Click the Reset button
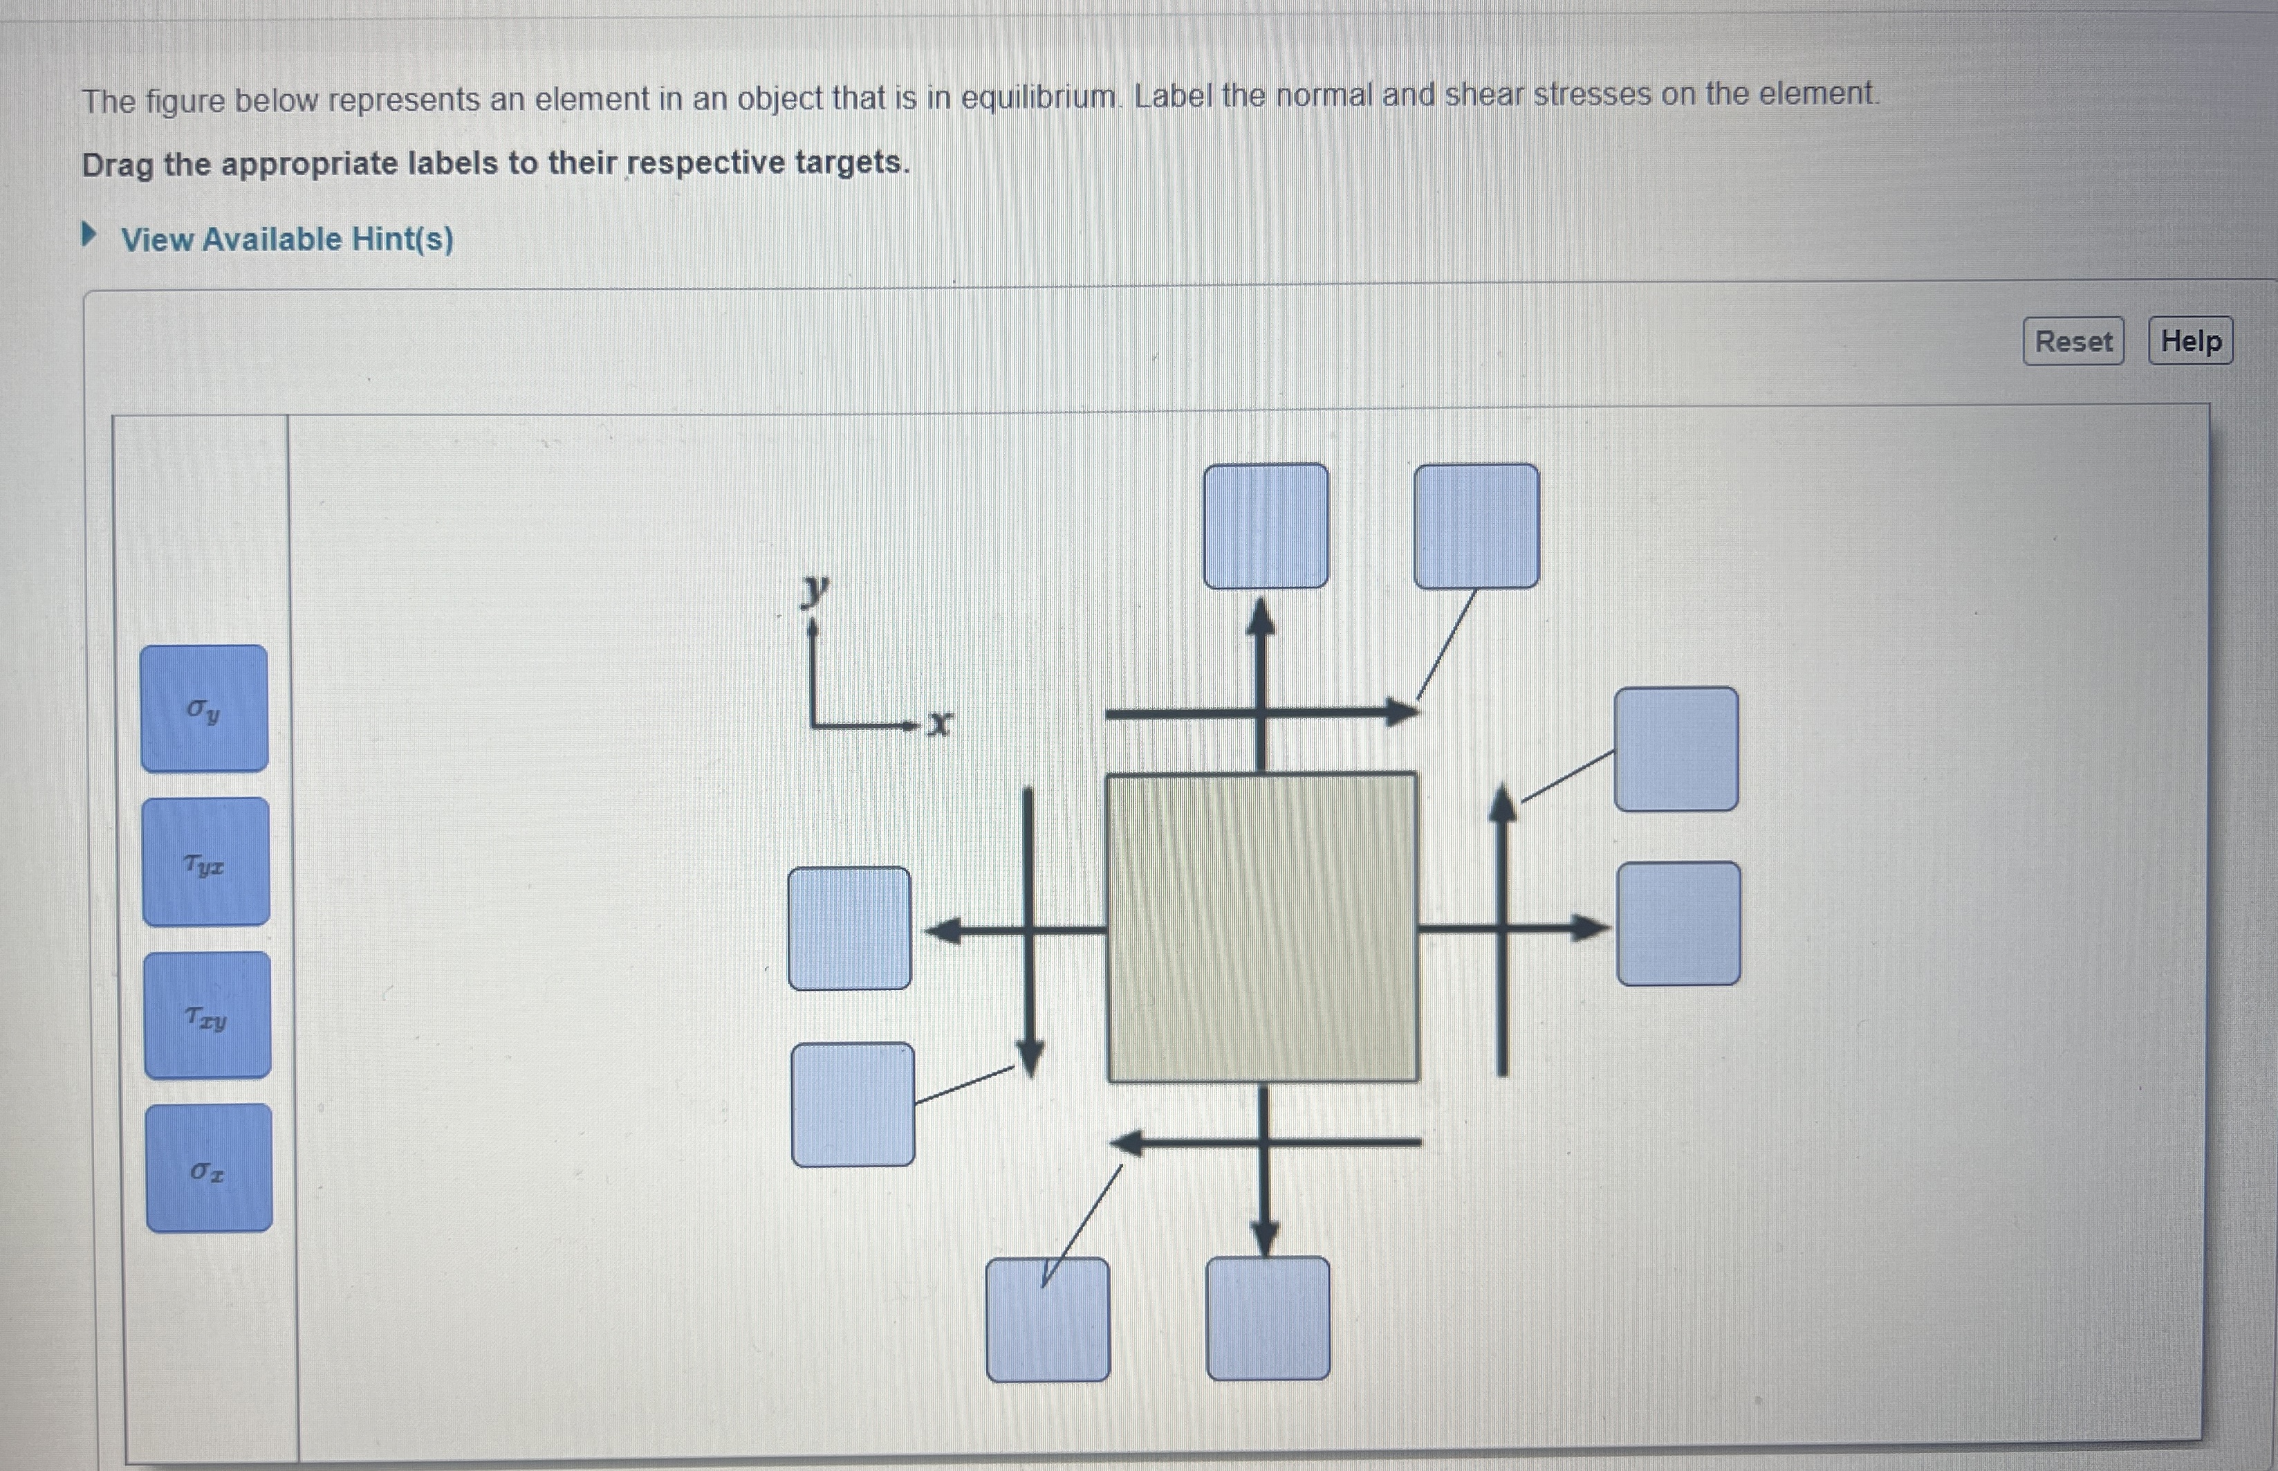point(2073,341)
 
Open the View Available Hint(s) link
point(286,239)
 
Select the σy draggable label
point(203,709)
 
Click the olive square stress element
point(1262,927)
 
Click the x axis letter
point(939,724)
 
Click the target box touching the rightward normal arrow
point(1678,924)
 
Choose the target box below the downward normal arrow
point(1268,1319)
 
